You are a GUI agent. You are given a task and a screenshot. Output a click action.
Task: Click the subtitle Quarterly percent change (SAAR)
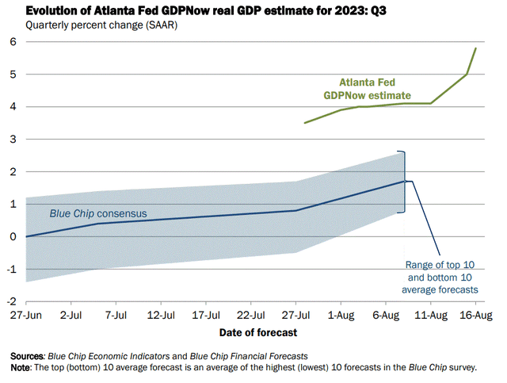coord(101,25)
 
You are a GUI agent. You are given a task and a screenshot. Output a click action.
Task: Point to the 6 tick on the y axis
coord(14,41)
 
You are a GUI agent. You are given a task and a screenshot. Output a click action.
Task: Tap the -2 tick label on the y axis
coord(12,302)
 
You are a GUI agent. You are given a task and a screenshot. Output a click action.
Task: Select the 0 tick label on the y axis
coord(14,236)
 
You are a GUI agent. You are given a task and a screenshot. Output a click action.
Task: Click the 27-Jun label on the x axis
coord(26,314)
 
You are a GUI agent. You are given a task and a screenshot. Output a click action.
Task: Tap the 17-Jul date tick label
coord(206,314)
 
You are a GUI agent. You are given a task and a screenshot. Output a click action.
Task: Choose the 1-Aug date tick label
coord(341,314)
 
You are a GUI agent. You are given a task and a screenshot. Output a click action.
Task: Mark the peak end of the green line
coord(475,48)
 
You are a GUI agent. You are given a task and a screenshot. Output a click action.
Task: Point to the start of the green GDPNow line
coord(305,123)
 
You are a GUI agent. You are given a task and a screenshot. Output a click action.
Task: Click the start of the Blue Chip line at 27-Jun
coord(26,236)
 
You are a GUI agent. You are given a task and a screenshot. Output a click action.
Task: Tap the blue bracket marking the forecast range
coord(404,181)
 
